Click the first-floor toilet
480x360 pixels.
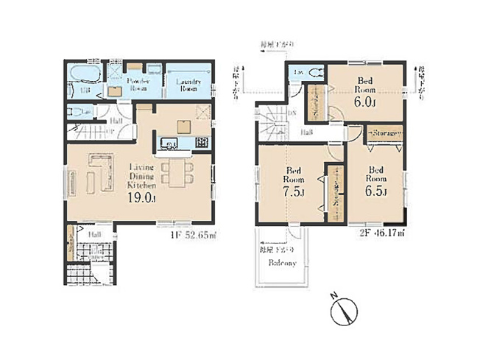click(77, 113)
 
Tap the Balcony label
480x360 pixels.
click(283, 264)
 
